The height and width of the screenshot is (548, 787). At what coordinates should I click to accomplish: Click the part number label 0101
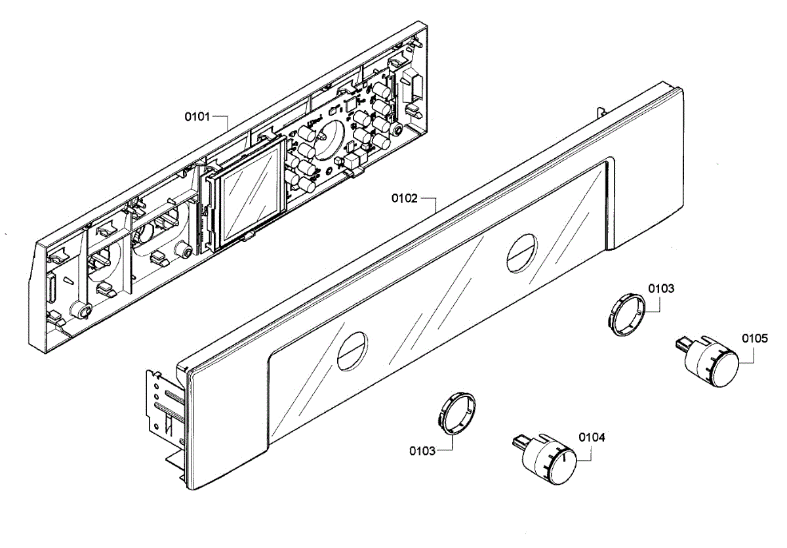(x=197, y=117)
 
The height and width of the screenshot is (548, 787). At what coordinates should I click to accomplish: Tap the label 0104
(x=592, y=436)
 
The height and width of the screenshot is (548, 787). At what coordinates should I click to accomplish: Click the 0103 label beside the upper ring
(x=661, y=288)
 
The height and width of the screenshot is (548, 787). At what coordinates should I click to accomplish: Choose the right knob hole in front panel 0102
(x=521, y=251)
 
